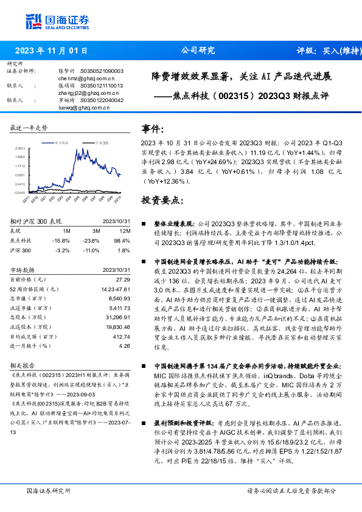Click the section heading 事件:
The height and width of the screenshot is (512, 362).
pyautogui.click(x=153, y=129)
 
